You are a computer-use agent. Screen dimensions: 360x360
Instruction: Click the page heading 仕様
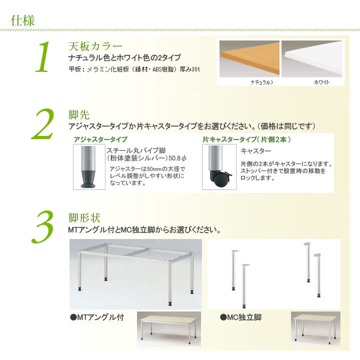click(22, 20)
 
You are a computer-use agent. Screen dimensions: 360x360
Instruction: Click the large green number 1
click(42, 56)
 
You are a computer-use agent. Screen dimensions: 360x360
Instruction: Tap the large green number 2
click(42, 124)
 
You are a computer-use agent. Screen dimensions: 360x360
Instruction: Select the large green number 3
click(42, 227)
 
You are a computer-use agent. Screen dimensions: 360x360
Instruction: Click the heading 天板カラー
click(95, 46)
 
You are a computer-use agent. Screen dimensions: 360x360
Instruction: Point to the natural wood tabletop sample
click(249, 59)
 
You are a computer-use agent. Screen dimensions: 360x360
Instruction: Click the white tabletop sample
click(312, 59)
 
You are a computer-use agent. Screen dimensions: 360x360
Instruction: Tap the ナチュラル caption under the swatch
click(261, 82)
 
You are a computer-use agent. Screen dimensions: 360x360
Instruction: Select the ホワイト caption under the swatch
click(321, 82)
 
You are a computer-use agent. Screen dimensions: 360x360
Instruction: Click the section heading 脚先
click(79, 115)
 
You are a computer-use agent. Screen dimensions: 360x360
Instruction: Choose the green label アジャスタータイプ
click(100, 139)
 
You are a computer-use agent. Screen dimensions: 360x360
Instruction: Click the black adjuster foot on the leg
click(89, 179)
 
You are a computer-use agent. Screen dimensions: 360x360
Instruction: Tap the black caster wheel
click(220, 180)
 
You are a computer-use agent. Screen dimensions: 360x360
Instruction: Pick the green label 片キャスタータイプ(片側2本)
click(247, 139)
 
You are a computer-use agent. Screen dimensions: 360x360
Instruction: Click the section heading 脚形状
click(84, 218)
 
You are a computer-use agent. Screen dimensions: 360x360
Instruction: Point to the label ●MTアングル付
click(97, 317)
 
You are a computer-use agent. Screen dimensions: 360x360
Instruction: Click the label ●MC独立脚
click(240, 317)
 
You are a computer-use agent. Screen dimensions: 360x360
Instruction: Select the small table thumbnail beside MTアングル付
click(169, 329)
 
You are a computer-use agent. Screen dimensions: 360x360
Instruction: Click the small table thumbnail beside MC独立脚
click(315, 329)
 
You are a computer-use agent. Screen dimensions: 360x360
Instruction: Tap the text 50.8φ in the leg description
click(177, 158)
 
